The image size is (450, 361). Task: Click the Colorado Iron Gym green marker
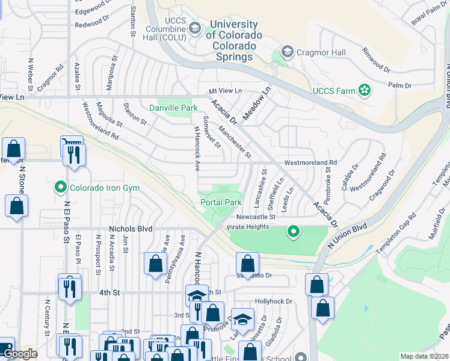pos(60,188)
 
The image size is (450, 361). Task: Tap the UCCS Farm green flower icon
pos(364,91)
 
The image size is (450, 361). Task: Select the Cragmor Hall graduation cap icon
pos(287,52)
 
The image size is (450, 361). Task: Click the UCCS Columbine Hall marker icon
pos(194,28)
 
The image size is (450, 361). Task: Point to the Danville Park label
pos(173,108)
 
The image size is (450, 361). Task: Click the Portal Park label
pos(221,203)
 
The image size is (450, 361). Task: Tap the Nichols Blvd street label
pos(131,229)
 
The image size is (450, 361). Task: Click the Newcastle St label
pos(255,217)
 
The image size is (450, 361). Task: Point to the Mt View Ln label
pos(224,91)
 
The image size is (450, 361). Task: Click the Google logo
pos(20,354)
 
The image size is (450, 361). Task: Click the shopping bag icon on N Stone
pos(16,205)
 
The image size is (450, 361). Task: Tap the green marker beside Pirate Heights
pos(293,230)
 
